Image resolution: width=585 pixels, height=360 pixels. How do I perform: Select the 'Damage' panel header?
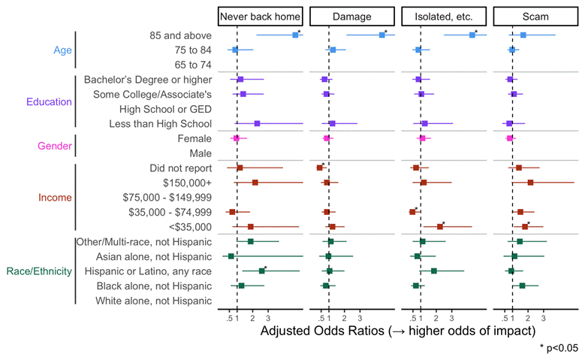[351, 16]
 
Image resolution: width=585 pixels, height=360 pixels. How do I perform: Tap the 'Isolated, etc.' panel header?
[444, 16]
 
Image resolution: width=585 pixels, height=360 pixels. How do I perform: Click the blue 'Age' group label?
[63, 50]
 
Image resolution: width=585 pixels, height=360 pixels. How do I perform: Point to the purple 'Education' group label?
[50, 102]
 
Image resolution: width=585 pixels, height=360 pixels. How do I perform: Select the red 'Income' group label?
[55, 198]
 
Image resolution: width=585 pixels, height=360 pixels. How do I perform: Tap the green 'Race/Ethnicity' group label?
[38, 271]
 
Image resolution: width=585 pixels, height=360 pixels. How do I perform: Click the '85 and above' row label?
[180, 35]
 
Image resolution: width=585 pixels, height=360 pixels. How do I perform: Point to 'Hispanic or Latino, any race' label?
[148, 271]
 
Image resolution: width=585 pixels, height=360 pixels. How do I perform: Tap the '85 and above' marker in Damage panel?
[382, 35]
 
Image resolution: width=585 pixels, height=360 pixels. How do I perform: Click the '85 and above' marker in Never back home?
[295, 35]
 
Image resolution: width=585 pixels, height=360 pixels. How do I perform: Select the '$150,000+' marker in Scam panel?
[530, 183]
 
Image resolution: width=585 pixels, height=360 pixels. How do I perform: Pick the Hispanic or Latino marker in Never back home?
[261, 271]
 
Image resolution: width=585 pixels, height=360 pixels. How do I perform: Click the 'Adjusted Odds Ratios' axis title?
[397, 330]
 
